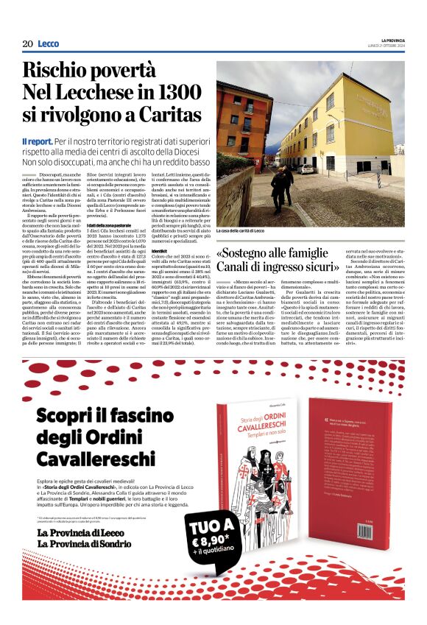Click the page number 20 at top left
(x=27, y=44)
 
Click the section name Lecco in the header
(x=49, y=44)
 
